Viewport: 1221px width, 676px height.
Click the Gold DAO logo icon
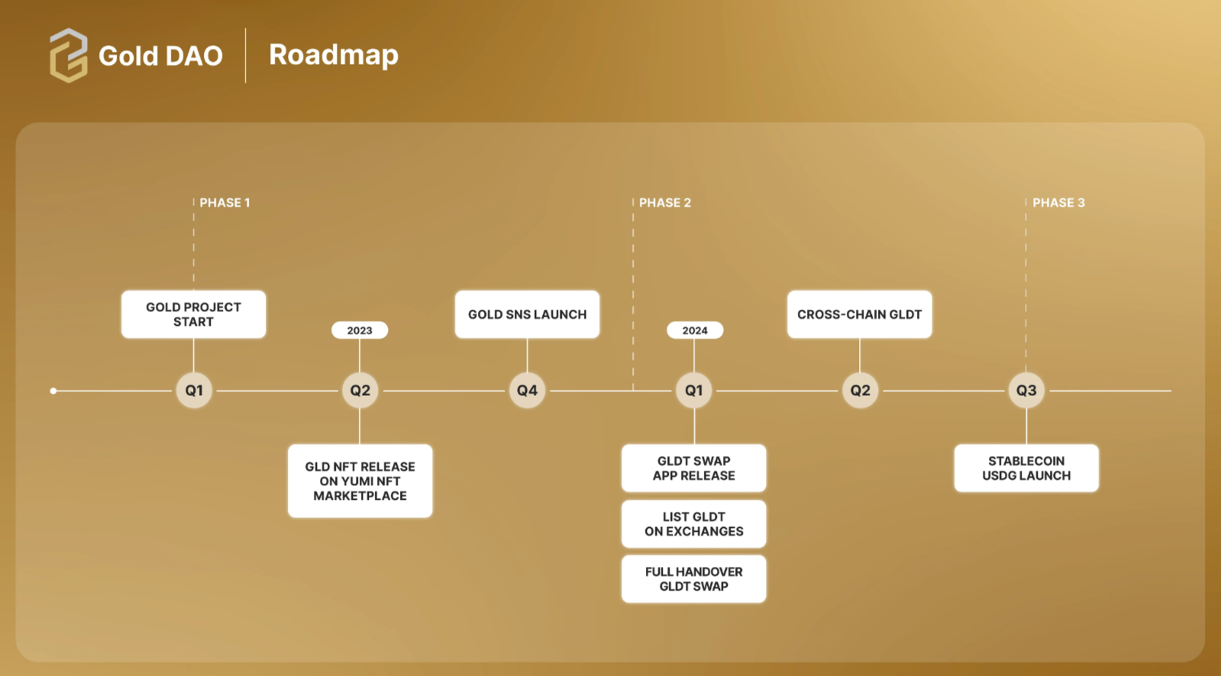pos(68,55)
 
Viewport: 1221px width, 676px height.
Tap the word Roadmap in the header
pos(334,55)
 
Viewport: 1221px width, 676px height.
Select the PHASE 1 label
pos(224,203)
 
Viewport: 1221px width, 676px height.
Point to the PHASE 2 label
pos(664,203)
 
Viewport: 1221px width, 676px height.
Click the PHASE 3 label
pos(1058,203)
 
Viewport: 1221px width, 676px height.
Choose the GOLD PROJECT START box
pos(193,314)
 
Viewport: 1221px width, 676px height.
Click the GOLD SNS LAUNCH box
pos(527,314)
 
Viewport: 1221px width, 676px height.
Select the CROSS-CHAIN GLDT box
pos(859,314)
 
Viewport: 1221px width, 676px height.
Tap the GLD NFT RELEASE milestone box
pos(360,481)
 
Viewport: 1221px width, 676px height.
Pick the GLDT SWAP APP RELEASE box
pos(693,468)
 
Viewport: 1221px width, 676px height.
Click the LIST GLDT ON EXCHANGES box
pos(693,524)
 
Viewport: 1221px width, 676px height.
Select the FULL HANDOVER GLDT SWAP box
pos(693,579)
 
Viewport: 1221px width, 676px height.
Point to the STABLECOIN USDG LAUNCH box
pos(1026,468)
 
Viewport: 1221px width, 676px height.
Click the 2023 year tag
pos(360,330)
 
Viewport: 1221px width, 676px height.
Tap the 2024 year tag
pos(694,330)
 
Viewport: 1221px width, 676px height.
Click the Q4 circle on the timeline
pos(527,391)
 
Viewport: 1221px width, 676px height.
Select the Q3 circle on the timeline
pos(1026,391)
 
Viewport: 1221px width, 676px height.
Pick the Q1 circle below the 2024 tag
pos(693,391)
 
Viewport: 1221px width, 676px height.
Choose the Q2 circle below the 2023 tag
pos(360,391)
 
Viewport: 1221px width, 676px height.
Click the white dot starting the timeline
pos(53,391)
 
